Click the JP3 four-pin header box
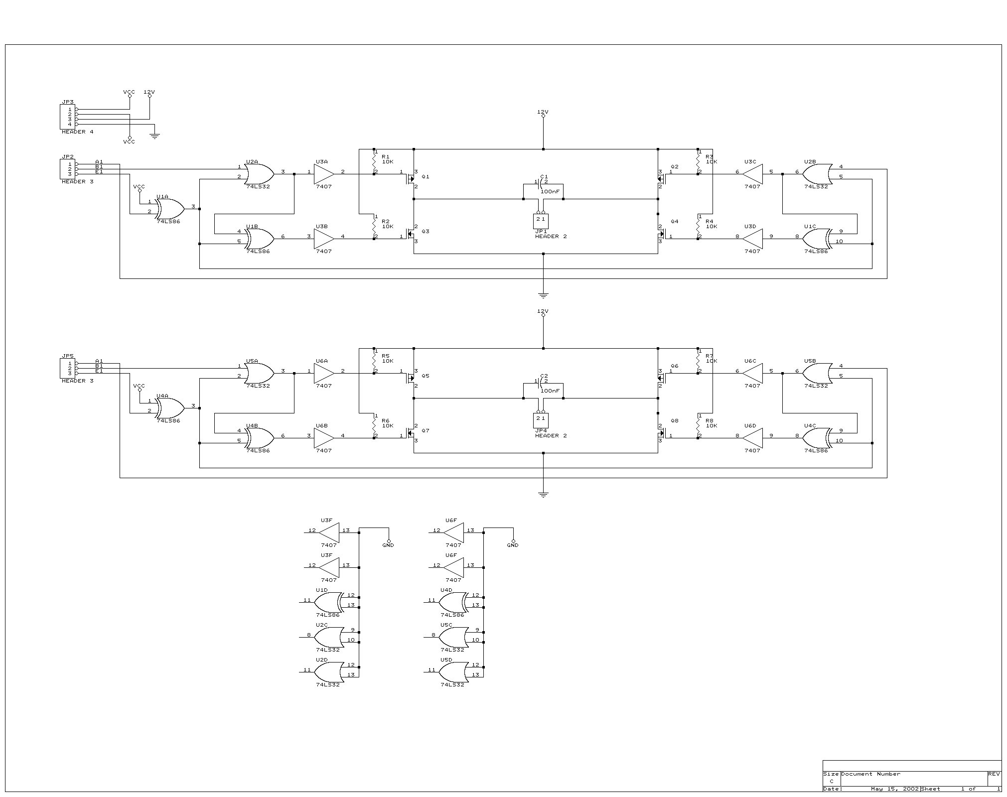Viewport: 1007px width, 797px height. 67,117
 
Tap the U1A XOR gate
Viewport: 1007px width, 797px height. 169,209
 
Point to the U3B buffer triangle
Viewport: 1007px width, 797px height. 324,239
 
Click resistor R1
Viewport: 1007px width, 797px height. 374,162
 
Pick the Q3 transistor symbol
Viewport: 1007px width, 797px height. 412,234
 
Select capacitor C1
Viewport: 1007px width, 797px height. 541,182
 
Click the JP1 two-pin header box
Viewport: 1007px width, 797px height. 541,221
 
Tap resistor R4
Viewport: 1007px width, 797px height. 698,227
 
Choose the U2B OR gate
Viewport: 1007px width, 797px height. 817,174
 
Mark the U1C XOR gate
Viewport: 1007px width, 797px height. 817,239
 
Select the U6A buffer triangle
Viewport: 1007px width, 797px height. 324,373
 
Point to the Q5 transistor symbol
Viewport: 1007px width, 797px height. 412,378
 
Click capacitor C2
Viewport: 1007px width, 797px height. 541,381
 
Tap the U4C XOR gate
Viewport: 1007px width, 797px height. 817,438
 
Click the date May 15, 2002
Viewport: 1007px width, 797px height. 894,789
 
